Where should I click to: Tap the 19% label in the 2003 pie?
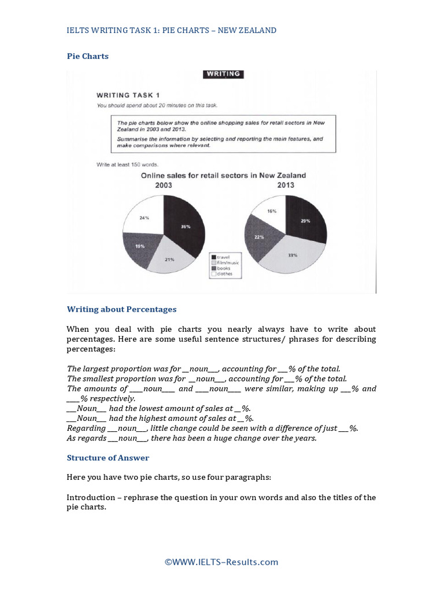tap(140, 246)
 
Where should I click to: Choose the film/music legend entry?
tap(228, 262)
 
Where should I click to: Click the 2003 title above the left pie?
tap(163, 186)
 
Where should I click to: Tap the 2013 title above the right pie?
tap(286, 185)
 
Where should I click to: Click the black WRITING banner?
tap(223, 74)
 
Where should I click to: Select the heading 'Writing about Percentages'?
tap(121, 309)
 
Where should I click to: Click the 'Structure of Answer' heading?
tap(108, 458)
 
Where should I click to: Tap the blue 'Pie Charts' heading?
tap(87, 56)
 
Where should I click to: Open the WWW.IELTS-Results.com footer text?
tap(221, 562)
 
